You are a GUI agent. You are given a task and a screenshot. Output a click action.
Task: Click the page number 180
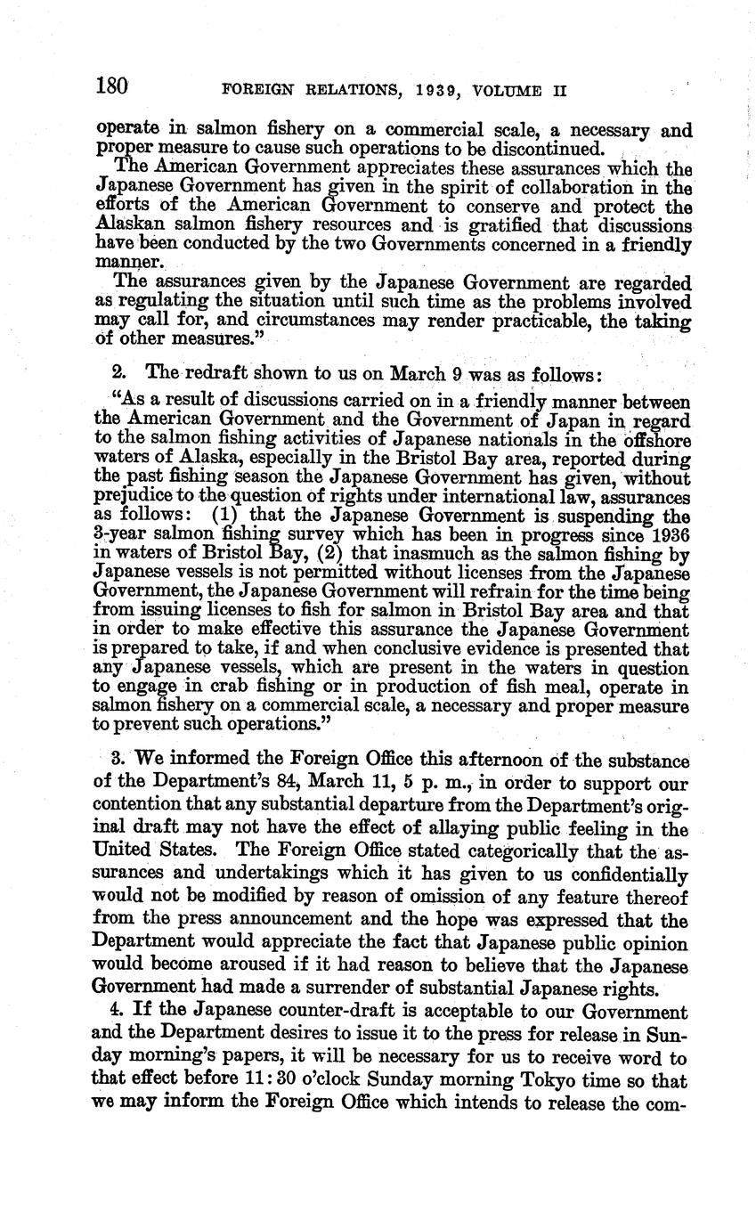pyautogui.click(x=112, y=87)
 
